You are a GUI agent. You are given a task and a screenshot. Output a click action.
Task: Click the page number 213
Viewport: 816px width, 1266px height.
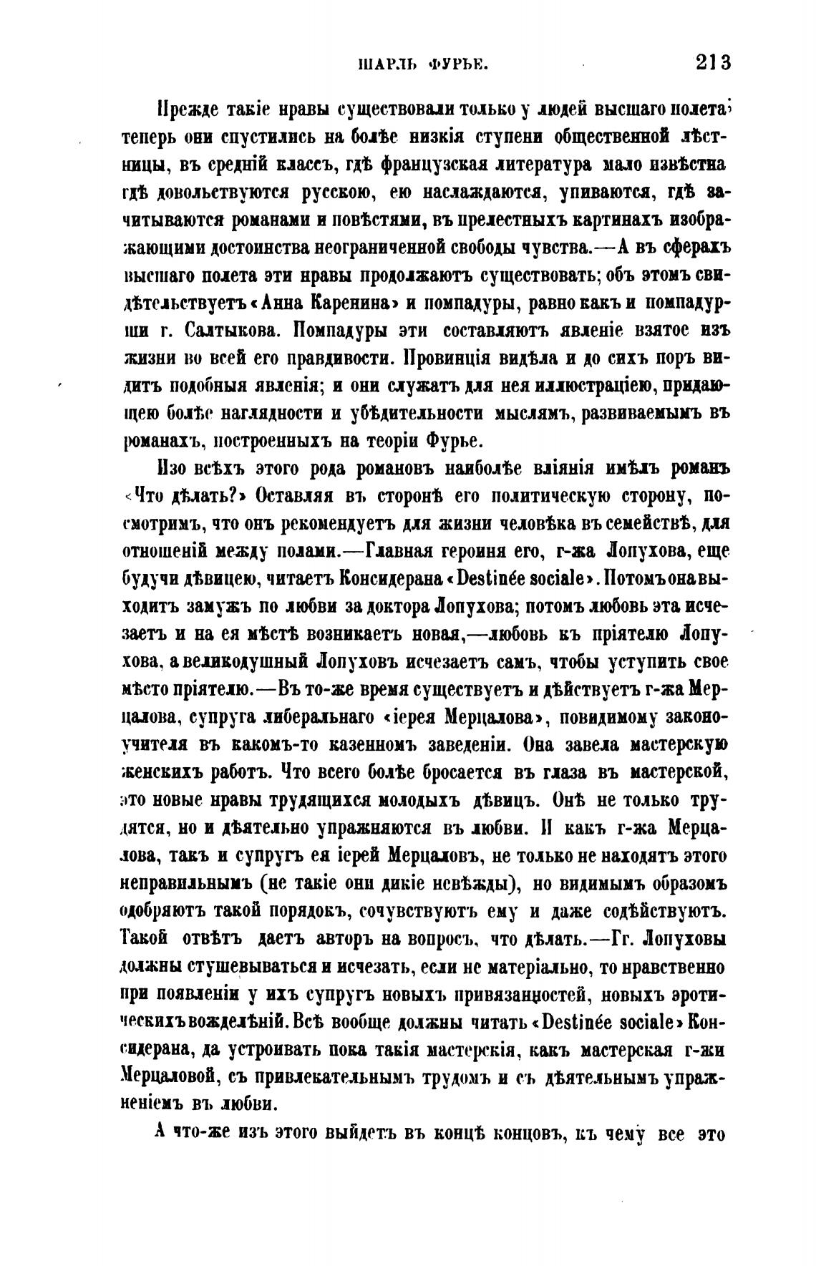click(x=712, y=62)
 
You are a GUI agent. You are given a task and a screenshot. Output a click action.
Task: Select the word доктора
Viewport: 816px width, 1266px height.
click(x=392, y=605)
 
